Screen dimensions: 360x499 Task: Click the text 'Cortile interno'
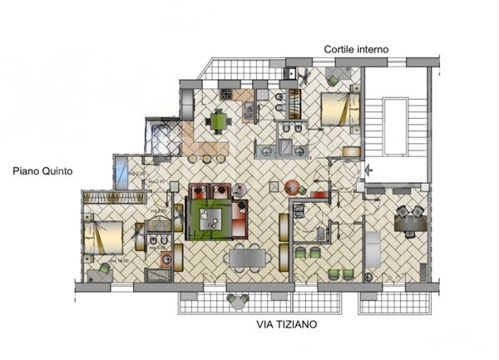(357, 50)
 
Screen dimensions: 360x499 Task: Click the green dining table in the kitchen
(218, 121)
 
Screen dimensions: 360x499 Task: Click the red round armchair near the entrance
(292, 187)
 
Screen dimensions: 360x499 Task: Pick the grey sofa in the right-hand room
(373, 253)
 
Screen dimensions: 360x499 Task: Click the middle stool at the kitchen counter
(205, 158)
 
